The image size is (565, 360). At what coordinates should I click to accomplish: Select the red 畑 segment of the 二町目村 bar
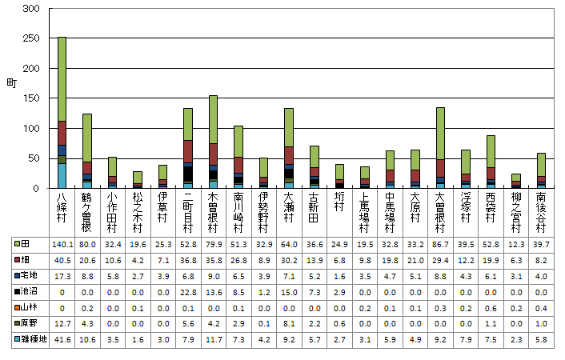click(x=188, y=151)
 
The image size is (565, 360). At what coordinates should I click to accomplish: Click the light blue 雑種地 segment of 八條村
click(x=62, y=175)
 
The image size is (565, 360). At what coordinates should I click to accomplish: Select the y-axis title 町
click(x=10, y=83)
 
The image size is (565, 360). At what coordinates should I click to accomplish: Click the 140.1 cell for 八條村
click(x=62, y=244)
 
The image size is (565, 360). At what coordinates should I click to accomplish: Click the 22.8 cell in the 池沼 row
click(x=188, y=292)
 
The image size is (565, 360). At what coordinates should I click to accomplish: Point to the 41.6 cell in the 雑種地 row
click(x=62, y=339)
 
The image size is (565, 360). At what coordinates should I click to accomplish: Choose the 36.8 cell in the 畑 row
click(x=188, y=260)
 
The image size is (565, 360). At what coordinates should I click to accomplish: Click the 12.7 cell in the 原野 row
click(x=62, y=323)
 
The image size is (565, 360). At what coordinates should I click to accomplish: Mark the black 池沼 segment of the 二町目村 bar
click(x=188, y=173)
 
